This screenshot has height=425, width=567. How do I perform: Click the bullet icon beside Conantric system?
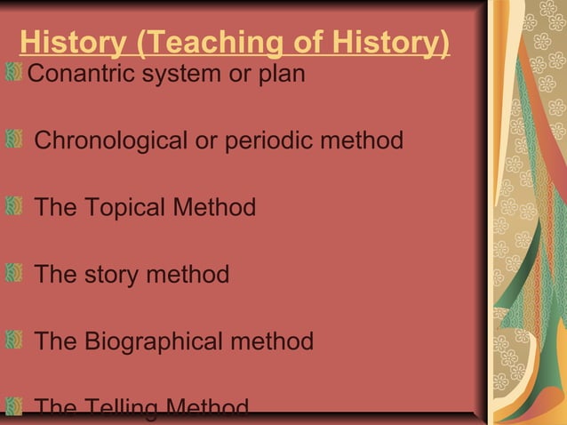(13, 71)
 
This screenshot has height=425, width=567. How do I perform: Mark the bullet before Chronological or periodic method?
(13, 140)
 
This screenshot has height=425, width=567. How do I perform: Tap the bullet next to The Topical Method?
(13, 207)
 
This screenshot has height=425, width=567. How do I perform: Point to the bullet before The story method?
(13, 274)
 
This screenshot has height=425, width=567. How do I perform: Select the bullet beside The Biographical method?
(13, 341)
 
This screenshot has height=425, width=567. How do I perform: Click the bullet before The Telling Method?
(13, 408)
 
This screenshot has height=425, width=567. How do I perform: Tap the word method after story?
(188, 275)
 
